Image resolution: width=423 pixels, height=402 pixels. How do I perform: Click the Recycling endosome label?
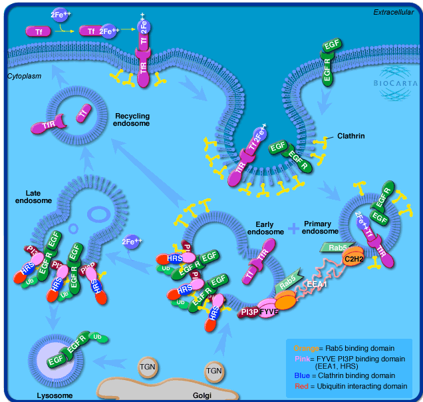132,119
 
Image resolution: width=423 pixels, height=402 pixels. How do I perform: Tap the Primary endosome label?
322,228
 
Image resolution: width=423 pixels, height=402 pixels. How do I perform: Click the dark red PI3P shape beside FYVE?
249,311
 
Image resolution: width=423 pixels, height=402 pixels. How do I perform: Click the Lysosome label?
36,395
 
